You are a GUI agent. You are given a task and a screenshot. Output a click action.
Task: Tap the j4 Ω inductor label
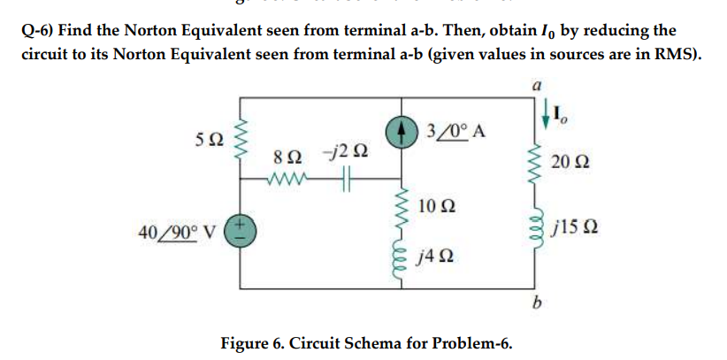[436, 257]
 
